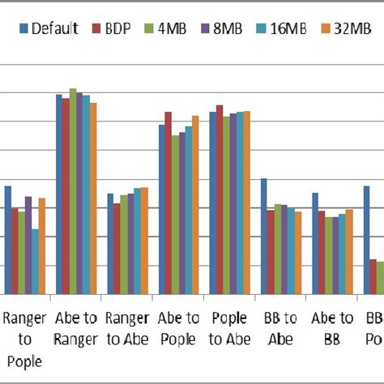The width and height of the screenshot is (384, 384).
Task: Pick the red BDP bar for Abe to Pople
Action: [x=169, y=203]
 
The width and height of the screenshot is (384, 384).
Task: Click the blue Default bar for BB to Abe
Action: [x=263, y=236]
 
